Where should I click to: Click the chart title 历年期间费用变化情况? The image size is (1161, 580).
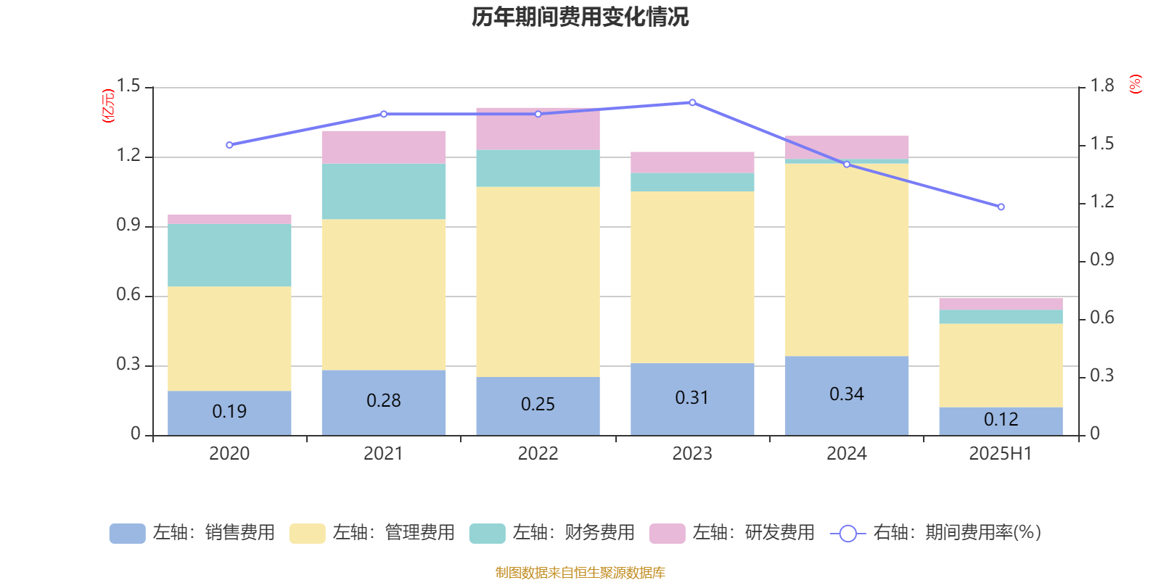pos(580,17)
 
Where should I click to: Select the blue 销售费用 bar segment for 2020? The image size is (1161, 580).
pos(229,413)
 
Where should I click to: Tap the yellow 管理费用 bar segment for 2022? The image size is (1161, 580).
pos(538,282)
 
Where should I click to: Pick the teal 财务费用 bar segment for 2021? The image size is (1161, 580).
pos(383,191)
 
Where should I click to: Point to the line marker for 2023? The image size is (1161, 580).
pos(692,102)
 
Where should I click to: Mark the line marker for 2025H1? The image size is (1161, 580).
pos(1001,207)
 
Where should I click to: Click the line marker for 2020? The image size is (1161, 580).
pos(229,145)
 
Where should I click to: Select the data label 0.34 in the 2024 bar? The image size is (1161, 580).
pos(847,394)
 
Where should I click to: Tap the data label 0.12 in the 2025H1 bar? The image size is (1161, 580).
pos(1001,420)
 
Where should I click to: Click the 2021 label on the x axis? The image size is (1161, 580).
pos(383,454)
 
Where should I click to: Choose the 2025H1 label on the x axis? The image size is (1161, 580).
pos(1001,454)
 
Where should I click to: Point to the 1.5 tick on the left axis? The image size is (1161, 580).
pos(128,86)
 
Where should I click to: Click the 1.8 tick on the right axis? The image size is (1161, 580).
pos(1102,86)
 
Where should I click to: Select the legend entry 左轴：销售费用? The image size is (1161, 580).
pos(192,533)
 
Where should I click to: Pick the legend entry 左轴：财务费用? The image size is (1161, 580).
pos(552,533)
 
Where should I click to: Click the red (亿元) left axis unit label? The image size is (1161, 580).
pos(108,106)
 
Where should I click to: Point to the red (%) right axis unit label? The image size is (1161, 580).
pos(1136,84)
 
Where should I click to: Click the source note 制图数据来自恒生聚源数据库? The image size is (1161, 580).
pos(580,573)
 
